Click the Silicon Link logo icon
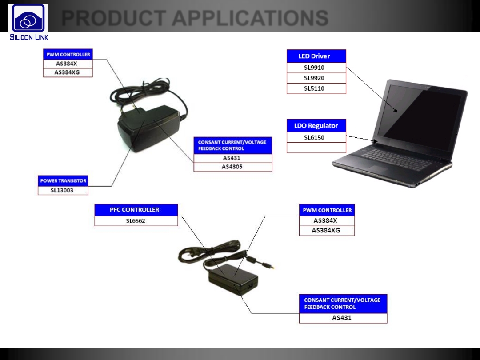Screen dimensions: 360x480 28,18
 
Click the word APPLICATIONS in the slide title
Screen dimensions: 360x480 250,18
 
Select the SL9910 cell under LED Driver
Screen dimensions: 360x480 316,68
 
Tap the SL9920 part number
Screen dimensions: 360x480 316,78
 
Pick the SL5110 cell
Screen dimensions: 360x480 316,88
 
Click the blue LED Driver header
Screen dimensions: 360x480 316,56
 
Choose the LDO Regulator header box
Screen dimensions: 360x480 316,126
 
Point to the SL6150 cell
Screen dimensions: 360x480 316,138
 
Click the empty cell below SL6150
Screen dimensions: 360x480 316,148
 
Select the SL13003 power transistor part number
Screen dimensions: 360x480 63,190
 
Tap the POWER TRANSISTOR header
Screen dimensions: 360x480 63,181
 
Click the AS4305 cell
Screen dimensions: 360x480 232,167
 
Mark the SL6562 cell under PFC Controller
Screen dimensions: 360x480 136,221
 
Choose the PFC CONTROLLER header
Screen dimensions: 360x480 136,210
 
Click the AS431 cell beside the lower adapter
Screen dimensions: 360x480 343,318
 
